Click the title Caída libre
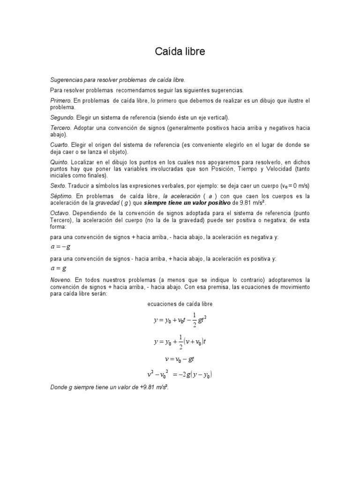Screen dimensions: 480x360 180,52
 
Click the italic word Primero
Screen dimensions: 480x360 60,101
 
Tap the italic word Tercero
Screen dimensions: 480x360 60,127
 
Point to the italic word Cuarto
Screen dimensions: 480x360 59,144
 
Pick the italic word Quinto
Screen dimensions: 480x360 59,162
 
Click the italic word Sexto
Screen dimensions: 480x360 58,186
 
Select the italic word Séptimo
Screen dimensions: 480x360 61,196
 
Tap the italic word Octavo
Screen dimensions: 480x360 60,213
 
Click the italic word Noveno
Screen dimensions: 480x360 61,280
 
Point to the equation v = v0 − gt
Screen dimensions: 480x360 180,359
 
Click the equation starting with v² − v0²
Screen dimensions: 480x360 181,375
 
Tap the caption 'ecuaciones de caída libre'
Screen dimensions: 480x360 180,304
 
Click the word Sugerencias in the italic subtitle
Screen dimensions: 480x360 66,80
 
